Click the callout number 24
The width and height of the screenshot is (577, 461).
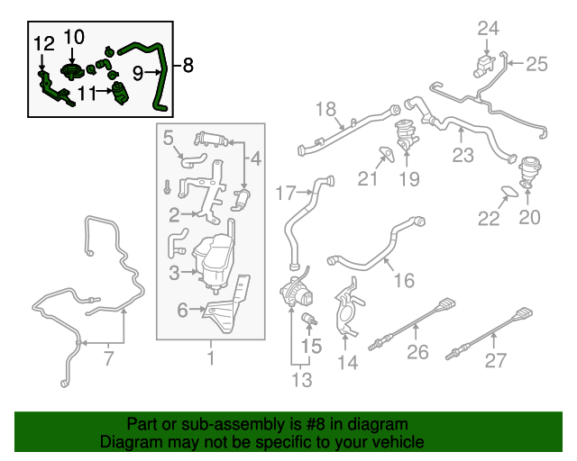[x=488, y=28]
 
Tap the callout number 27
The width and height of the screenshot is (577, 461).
[x=496, y=361]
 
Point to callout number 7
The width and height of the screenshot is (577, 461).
[x=108, y=359]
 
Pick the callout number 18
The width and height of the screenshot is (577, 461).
[x=325, y=110]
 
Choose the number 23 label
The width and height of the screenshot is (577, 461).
[x=463, y=155]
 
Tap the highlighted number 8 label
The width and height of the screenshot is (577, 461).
[x=188, y=65]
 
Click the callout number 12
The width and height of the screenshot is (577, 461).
[x=44, y=42]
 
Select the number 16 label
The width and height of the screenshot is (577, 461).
[x=404, y=281]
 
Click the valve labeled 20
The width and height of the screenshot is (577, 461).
[x=527, y=170]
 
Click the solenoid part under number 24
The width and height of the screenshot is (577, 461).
[x=483, y=64]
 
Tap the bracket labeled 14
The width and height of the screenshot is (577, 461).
[x=350, y=311]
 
